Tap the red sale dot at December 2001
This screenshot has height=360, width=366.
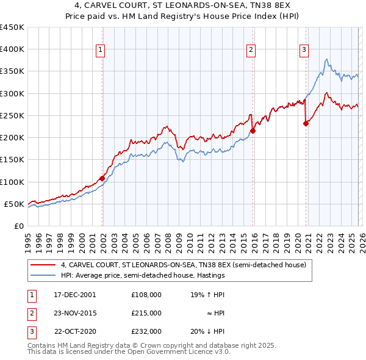102,178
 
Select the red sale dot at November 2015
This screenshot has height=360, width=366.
253,131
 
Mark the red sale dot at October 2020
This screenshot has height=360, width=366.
306,123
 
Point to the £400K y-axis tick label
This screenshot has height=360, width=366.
12,49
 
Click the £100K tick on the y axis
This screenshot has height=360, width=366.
12,182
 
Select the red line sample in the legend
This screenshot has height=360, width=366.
43,265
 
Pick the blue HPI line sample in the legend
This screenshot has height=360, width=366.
43,275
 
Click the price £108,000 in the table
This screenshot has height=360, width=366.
146,294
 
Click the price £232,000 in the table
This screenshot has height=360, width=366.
146,331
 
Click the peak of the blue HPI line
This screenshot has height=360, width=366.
327,59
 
